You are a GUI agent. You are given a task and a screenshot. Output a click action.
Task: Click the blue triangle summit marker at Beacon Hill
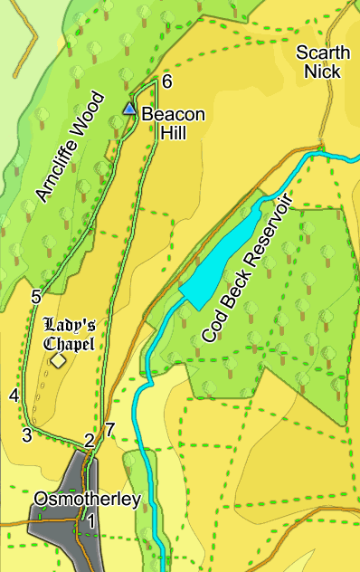click(129, 110)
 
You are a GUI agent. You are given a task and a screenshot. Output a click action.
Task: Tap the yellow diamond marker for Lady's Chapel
click(58, 361)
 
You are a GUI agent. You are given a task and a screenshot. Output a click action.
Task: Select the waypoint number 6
click(166, 82)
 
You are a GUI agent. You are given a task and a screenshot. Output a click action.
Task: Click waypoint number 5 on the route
click(36, 296)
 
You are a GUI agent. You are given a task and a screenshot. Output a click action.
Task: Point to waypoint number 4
click(14, 396)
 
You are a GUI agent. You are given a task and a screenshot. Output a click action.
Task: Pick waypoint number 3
click(27, 436)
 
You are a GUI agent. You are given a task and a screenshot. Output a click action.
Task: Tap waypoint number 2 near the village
click(89, 441)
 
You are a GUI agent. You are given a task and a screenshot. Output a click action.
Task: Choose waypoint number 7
click(109, 430)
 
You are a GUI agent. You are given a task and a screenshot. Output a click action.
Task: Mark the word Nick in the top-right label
click(321, 71)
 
